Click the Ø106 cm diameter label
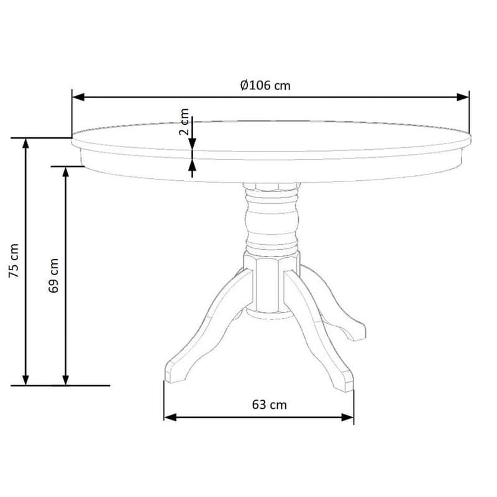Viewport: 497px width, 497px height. pos(265,85)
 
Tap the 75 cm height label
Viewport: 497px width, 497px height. pos(14,261)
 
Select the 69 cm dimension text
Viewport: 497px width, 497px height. pos(53,275)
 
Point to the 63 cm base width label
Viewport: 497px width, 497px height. pos(270,405)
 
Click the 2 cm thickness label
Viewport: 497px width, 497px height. pos(184,122)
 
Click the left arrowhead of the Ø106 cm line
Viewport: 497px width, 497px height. pos(79,97)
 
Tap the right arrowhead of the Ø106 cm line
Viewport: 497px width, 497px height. pos(462,97)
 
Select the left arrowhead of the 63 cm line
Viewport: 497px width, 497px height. pos(170,417)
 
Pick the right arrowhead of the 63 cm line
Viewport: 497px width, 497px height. pos(347,417)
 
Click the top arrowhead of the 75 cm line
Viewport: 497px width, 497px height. pos(25,144)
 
